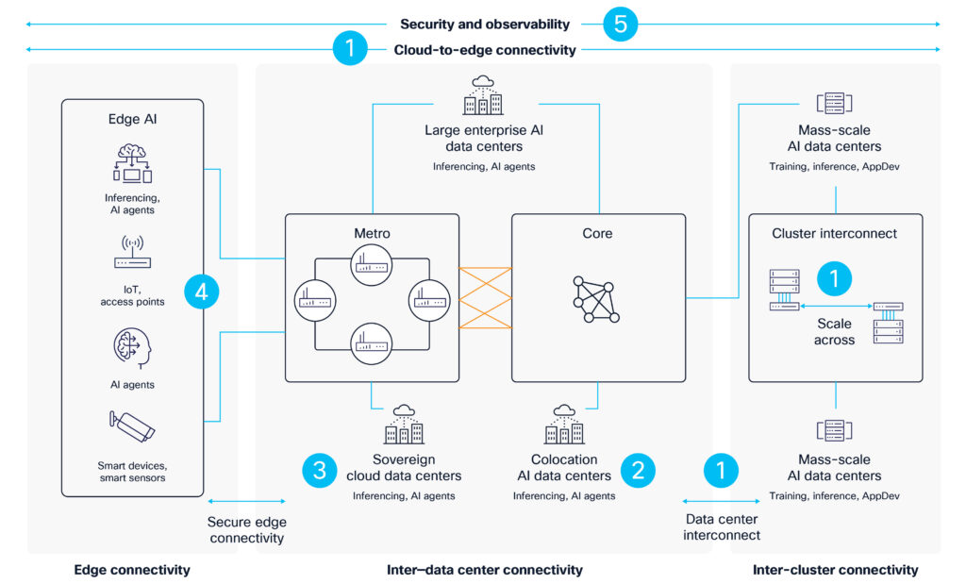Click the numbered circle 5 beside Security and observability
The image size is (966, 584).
click(621, 25)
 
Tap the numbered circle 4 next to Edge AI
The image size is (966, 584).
click(201, 292)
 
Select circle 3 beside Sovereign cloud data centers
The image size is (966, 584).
click(320, 470)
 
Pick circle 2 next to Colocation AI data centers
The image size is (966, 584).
click(638, 470)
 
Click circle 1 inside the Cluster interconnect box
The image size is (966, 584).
click(834, 277)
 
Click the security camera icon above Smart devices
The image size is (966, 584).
click(131, 427)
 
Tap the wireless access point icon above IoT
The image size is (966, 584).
click(132, 257)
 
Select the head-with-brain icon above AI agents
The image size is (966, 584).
click(132, 344)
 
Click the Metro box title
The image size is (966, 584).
click(372, 233)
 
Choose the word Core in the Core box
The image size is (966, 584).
click(597, 233)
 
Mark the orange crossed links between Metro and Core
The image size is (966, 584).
click(485, 297)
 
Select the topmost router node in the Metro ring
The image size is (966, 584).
click(371, 264)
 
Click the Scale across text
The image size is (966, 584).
click(834, 331)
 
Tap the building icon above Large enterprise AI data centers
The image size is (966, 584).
click(484, 95)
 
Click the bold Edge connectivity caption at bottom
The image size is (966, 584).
click(132, 569)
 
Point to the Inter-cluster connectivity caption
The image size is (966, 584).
click(835, 569)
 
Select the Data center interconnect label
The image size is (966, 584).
click(722, 527)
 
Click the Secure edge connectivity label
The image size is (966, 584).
click(246, 529)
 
